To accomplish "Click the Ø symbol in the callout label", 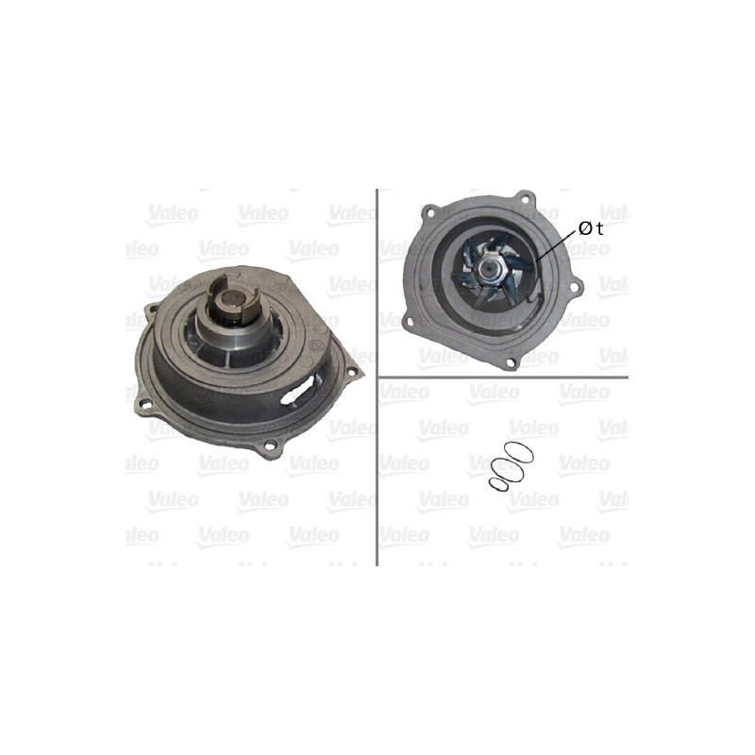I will coord(586,228).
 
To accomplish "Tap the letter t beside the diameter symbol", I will coord(600,228).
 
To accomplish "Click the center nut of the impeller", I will coord(488,270).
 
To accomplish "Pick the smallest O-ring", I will coord(497,482).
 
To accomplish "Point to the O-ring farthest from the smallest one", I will coord(520,450).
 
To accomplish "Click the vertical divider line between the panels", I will coord(377,377).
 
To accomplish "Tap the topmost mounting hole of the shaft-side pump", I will coord(151,310).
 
